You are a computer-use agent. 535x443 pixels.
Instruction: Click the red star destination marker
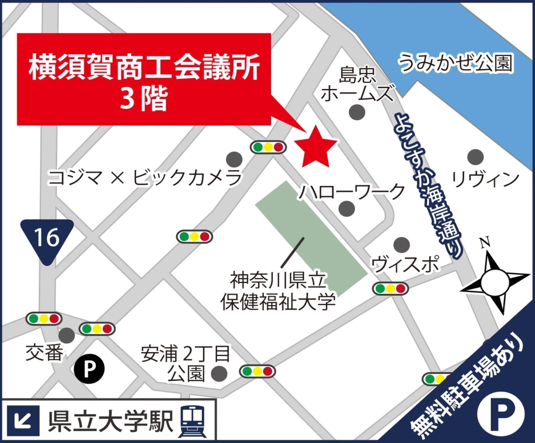point(315,146)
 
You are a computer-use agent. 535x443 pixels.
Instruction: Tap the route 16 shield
point(46,239)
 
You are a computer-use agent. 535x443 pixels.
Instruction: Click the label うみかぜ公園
point(456,63)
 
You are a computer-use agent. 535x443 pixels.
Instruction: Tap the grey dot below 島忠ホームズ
point(357,112)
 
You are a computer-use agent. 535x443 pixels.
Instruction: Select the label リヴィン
point(485,178)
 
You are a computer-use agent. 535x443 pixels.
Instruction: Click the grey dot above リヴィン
point(474,156)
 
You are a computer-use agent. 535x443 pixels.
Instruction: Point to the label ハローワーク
point(352,192)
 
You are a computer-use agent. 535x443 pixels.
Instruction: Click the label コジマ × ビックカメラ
point(146,178)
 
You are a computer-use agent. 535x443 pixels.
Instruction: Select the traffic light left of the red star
point(268,147)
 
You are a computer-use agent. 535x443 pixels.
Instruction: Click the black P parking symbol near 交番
point(89,368)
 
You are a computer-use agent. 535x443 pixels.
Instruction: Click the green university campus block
point(311,238)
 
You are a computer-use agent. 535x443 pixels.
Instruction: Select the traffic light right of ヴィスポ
point(391,288)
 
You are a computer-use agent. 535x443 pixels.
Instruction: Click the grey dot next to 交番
point(67,335)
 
